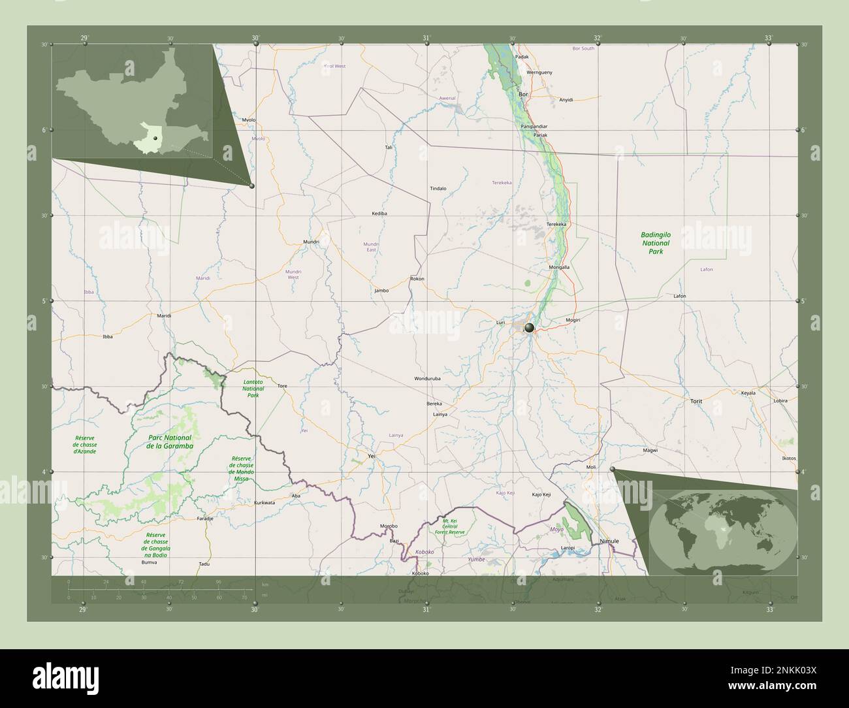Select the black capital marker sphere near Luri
click(x=529, y=327)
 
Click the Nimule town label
click(x=609, y=541)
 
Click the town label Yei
click(x=372, y=456)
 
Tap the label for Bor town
click(x=522, y=94)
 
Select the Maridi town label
click(x=164, y=315)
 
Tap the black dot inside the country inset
click(x=155, y=138)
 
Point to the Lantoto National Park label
click(x=253, y=388)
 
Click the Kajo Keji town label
click(x=541, y=494)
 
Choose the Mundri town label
click(x=311, y=242)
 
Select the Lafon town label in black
click(x=679, y=296)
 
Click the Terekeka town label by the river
click(x=556, y=224)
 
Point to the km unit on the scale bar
click(x=264, y=585)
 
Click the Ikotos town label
click(x=789, y=459)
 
